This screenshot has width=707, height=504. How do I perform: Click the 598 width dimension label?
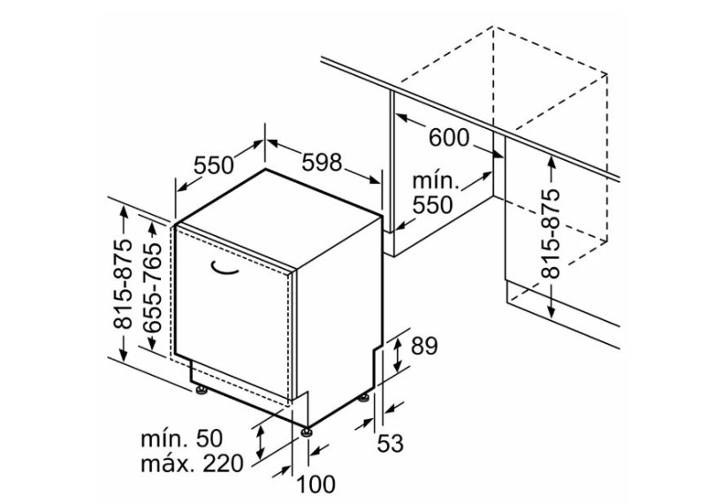pyautogui.click(x=322, y=163)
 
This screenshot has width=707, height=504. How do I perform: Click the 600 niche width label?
pyautogui.click(x=449, y=138)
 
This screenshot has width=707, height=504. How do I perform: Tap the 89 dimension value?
pyautogui.click(x=424, y=346)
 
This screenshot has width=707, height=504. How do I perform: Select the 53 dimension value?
pyautogui.click(x=390, y=444)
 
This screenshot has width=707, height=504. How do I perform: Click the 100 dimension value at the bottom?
pyautogui.click(x=315, y=485)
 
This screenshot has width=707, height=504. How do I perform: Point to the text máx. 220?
pyautogui.click(x=192, y=463)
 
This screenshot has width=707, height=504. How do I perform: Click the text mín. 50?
pyautogui.click(x=182, y=438)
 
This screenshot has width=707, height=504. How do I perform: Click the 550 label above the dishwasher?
pyautogui.click(x=214, y=165)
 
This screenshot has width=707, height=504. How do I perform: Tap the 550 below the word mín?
pyautogui.click(x=432, y=205)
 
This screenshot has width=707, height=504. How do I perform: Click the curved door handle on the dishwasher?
pyautogui.click(x=224, y=269)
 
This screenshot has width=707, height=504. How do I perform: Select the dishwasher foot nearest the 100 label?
pyautogui.click(x=308, y=431)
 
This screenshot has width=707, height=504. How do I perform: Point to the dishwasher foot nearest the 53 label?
pyautogui.click(x=364, y=397)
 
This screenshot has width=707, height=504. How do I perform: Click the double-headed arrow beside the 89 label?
pyautogui.click(x=398, y=356)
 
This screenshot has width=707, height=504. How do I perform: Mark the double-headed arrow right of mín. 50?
pyautogui.click(x=260, y=443)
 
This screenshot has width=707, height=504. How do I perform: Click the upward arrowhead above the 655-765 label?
pyautogui.click(x=152, y=230)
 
